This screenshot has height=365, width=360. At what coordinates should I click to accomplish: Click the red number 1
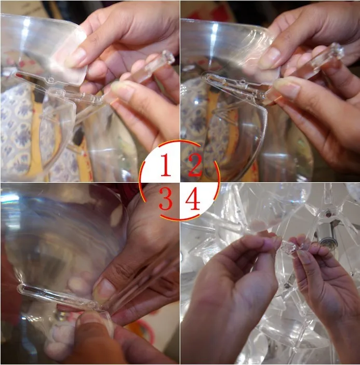(x=166, y=165)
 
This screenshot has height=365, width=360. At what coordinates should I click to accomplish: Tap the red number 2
(x=195, y=165)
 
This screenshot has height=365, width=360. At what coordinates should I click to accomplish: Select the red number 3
(x=166, y=198)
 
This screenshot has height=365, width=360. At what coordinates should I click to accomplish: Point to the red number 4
(x=193, y=198)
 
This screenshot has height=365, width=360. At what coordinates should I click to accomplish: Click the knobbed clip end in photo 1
(x=168, y=57)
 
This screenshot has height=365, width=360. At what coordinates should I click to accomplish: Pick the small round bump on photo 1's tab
(x=50, y=80)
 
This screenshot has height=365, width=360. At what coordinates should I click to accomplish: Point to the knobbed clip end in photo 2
(x=336, y=50)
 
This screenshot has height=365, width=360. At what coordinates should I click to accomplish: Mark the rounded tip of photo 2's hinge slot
(x=205, y=77)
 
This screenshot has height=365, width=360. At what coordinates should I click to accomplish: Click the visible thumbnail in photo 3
(x=105, y=290)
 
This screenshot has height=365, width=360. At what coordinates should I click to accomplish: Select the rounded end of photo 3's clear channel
(x=21, y=288)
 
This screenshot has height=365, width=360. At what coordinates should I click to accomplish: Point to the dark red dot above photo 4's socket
(x=328, y=213)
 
